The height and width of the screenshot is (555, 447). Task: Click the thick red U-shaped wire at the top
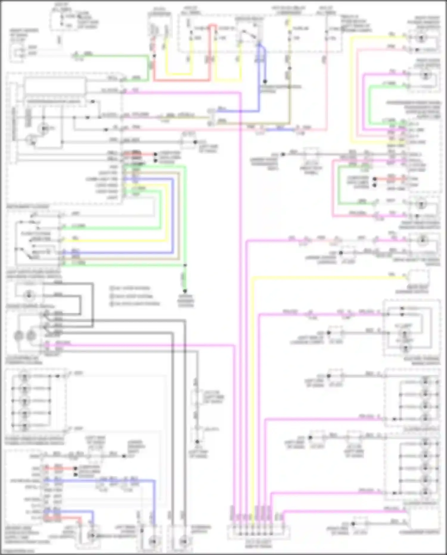coord(182,80)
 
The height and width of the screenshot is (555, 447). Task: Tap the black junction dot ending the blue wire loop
coord(265,81)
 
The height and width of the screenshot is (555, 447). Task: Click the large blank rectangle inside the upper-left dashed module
coord(55,86)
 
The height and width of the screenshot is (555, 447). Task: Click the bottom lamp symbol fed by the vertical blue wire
coord(153,540)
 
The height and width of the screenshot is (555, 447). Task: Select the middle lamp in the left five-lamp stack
coord(24,401)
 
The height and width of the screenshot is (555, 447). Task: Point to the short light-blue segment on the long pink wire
coord(280,130)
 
